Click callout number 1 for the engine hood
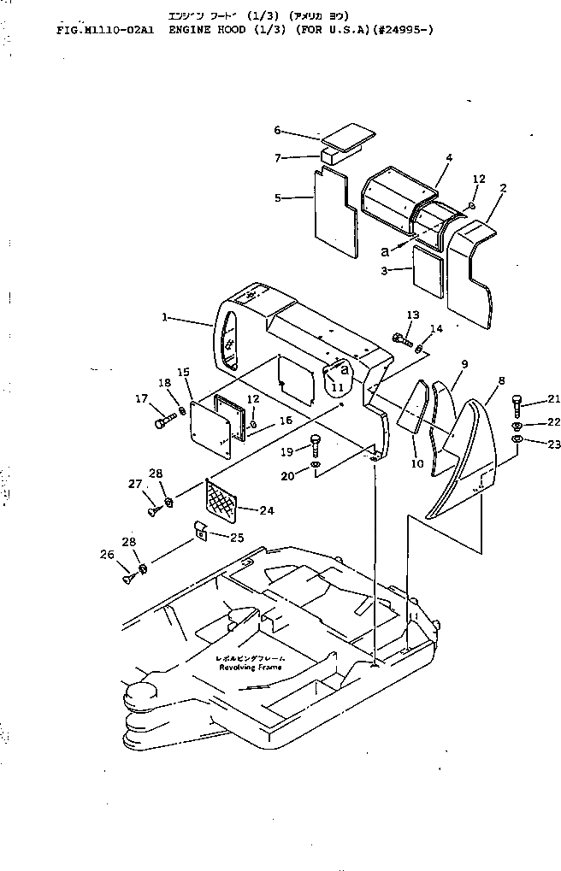[164, 316]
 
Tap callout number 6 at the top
[277, 130]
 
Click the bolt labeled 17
[164, 421]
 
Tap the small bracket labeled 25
[199, 533]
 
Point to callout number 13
[413, 315]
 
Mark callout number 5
[277, 198]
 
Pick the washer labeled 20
[316, 465]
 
